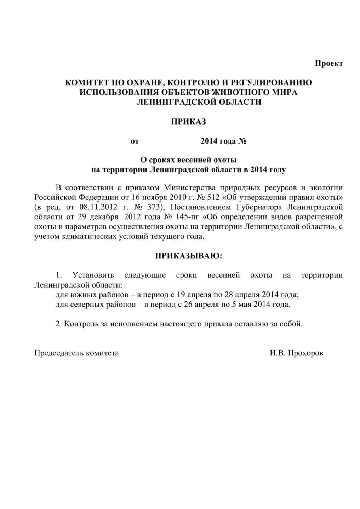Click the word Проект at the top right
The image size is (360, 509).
coord(329,63)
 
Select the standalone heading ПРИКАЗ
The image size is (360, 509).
coord(188,122)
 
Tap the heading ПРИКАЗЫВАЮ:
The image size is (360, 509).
coord(189,256)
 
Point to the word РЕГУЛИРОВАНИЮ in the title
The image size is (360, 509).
coord(272,83)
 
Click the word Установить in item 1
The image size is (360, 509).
coord(93,275)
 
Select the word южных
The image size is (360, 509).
coord(76,295)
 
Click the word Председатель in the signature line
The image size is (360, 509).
coord(59,353)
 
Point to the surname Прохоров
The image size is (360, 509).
coord(305,353)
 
